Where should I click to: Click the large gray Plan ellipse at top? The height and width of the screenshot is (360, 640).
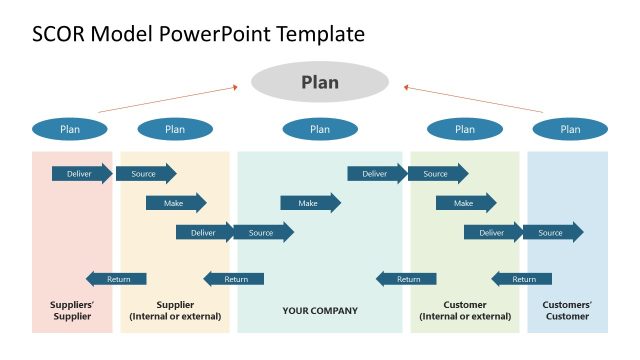(320, 82)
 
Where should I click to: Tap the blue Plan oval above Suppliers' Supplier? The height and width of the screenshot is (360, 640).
(70, 129)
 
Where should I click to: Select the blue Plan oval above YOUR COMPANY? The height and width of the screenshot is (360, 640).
(320, 129)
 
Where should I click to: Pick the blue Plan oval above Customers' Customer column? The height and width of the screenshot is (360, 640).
(570, 129)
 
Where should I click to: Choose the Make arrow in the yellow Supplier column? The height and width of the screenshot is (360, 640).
(175, 203)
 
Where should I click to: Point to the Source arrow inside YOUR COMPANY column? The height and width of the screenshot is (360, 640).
(263, 233)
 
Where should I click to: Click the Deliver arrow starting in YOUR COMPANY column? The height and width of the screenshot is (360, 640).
(376, 174)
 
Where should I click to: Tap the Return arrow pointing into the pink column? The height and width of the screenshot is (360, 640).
(116, 279)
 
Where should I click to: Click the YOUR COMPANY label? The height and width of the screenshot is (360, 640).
(320, 311)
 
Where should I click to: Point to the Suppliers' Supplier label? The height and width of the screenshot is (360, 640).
(71, 310)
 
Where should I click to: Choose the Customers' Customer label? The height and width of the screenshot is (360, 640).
(568, 310)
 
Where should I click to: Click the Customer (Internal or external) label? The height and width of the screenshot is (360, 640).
(465, 310)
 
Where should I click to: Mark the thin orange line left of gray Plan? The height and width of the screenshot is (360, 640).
(168, 98)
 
